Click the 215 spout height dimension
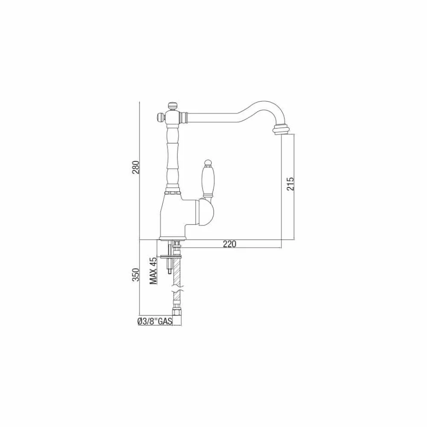[290, 184]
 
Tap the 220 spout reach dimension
[230, 244]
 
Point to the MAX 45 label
[154, 271]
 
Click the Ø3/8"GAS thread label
[155, 322]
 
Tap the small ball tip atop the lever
[208, 163]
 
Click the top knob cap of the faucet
[172, 105]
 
